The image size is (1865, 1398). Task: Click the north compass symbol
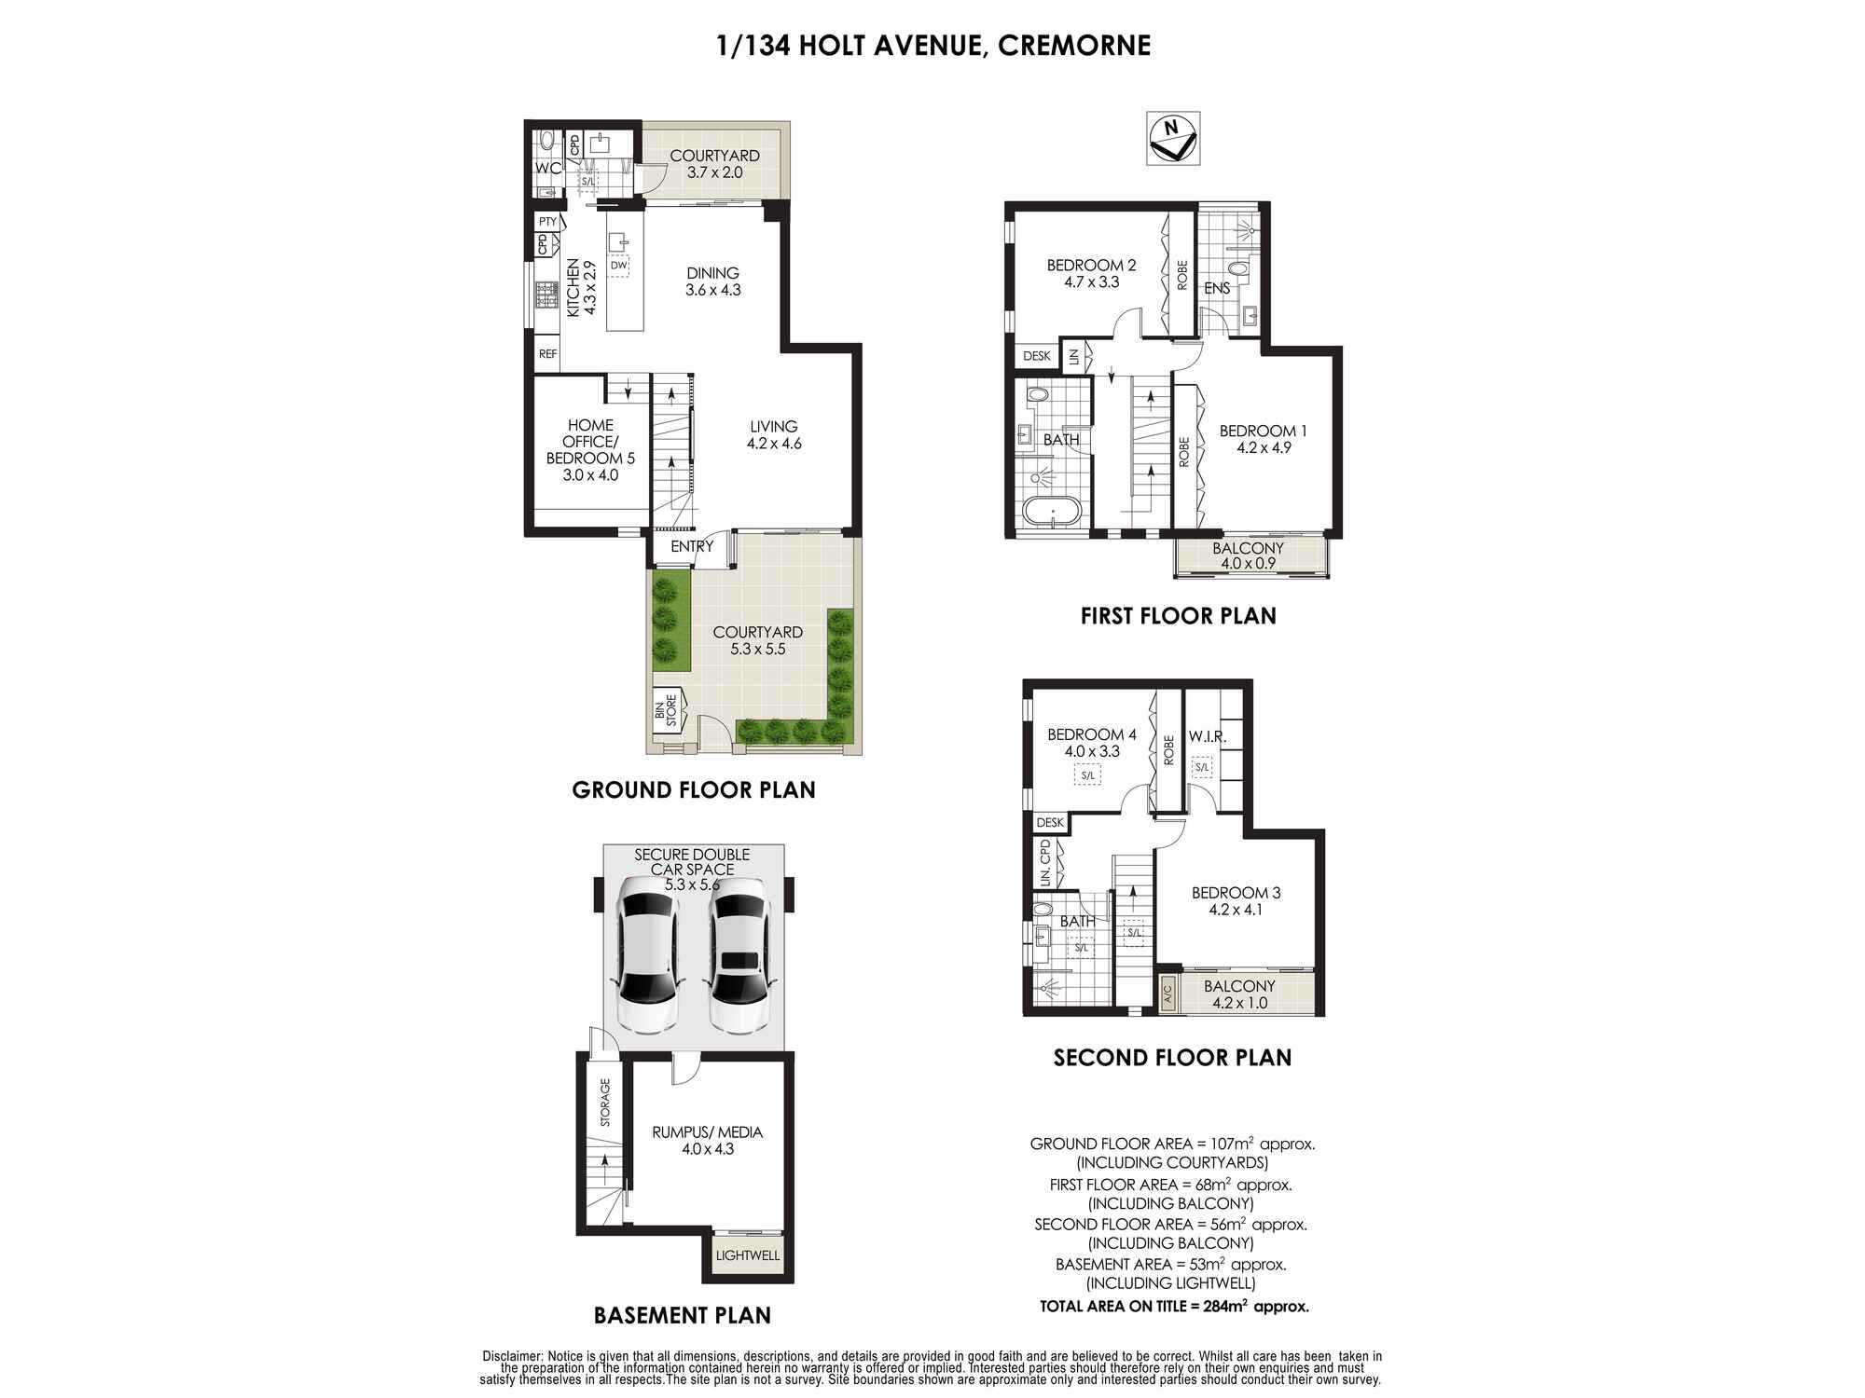pos(1173,139)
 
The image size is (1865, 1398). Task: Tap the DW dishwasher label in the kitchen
pos(618,266)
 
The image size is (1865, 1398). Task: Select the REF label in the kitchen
pos(547,354)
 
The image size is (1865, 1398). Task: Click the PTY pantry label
pos(547,222)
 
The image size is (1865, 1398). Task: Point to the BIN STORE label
pos(666,712)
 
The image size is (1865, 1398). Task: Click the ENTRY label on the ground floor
pos(692,546)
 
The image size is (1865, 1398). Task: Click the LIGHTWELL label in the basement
pos(747,1255)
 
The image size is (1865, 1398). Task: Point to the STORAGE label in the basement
pos(605,1103)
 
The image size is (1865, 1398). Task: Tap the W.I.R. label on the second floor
pos(1208,736)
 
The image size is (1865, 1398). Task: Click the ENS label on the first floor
pos(1217,288)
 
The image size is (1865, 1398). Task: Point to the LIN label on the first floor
pos(1074,356)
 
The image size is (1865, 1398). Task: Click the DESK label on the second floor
pos(1050,823)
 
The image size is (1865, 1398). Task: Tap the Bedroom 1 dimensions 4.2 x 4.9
pos(1264,447)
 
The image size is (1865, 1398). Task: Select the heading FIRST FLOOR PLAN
pos(1179,616)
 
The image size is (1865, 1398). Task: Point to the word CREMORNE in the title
pos(1074,46)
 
